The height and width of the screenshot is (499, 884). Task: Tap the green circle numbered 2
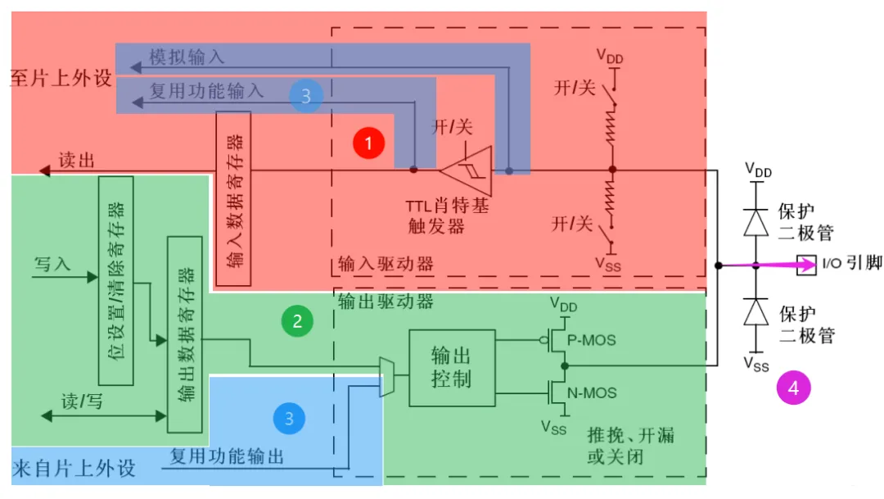coord(297,320)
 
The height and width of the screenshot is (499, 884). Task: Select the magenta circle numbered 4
coord(793,388)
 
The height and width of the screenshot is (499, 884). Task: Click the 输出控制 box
coord(452,368)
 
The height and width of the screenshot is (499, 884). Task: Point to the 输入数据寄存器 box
coord(233,198)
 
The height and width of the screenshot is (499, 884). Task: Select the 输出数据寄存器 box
coord(184,334)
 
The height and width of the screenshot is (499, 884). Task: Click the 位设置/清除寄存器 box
coord(115,280)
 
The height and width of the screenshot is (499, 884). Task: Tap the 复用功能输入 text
coord(206,90)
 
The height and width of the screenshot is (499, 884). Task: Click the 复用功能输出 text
coord(227,456)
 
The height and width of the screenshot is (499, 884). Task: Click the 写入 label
coord(52,264)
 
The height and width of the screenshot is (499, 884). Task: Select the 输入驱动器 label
coord(386,265)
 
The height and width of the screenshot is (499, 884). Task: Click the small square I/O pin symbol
coord(806,265)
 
